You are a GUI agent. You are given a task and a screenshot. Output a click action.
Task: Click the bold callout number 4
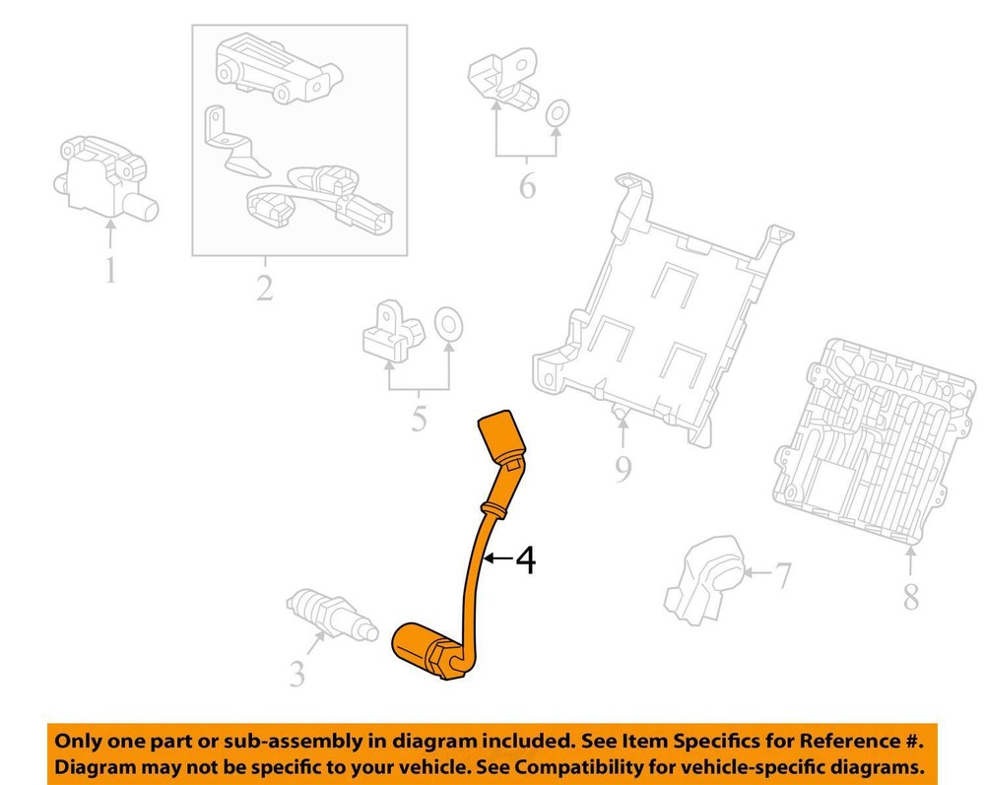pyautogui.click(x=526, y=559)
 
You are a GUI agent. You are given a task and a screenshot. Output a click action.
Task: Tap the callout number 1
pyautogui.click(x=110, y=270)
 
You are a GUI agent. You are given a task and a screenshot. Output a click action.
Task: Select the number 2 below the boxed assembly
pyautogui.click(x=264, y=289)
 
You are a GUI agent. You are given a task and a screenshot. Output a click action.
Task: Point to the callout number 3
pyautogui.click(x=296, y=674)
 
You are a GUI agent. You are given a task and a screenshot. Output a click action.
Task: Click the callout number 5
pyautogui.click(x=419, y=419)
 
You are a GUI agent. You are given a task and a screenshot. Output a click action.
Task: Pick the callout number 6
pyautogui.click(x=528, y=185)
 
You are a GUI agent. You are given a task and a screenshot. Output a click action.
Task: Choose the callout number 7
pyautogui.click(x=782, y=575)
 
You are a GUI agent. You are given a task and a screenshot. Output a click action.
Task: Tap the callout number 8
pyautogui.click(x=911, y=596)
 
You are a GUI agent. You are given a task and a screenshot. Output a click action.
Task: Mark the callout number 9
pyautogui.click(x=623, y=469)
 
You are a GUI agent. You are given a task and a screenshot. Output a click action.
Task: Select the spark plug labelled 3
pyautogui.click(x=332, y=617)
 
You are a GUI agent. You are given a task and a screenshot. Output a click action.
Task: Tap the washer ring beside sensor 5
pyautogui.click(x=448, y=325)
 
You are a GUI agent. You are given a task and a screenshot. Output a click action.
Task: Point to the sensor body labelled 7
pyautogui.click(x=704, y=579)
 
